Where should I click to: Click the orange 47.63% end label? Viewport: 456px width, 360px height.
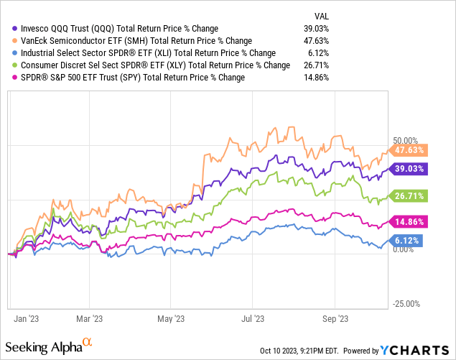point(410,150)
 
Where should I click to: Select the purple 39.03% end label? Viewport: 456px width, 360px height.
point(410,169)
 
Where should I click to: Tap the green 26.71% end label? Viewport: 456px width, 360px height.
point(410,195)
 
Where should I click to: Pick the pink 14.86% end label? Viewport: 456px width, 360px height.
point(410,221)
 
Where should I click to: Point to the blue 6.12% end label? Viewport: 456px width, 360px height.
point(410,240)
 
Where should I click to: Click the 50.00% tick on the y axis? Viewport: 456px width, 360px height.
point(406,140)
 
